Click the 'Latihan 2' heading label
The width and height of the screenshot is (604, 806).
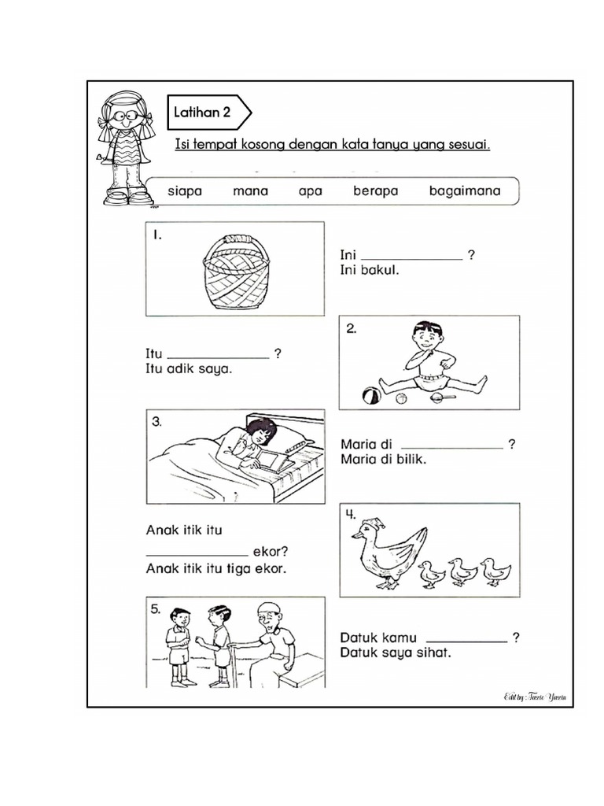point(202,113)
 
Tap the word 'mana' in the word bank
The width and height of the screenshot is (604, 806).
point(250,190)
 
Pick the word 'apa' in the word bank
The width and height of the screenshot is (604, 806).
point(311,190)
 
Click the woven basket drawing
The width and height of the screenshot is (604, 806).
point(236,272)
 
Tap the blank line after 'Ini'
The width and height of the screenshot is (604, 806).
point(411,257)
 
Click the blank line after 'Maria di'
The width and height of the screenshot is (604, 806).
point(451,447)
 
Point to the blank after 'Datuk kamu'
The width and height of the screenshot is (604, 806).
point(466,641)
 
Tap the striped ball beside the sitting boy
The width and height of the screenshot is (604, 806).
point(371,396)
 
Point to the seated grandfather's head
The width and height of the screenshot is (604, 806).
point(270,619)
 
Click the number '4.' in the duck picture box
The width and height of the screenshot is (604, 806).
point(350,515)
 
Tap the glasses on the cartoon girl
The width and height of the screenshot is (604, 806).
point(124,115)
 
